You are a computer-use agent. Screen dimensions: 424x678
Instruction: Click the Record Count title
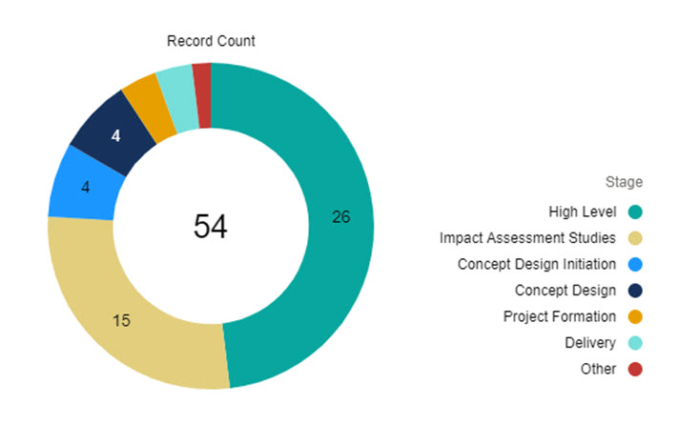211,41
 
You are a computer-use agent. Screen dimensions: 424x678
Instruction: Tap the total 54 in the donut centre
211,226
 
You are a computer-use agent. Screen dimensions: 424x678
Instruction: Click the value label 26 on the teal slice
340,217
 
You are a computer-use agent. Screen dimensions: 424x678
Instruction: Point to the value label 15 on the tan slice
121,320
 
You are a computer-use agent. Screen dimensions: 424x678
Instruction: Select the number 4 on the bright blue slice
85,187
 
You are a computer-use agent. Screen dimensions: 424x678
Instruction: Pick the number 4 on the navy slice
115,136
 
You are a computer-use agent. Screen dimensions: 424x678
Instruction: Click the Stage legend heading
624,182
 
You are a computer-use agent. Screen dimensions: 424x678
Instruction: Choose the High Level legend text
584,212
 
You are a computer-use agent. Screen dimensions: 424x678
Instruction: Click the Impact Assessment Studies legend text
528,237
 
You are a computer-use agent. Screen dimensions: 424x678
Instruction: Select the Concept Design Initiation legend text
537,264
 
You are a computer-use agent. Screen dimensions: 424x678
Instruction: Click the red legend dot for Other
634,369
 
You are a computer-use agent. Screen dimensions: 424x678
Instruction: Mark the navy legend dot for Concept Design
634,290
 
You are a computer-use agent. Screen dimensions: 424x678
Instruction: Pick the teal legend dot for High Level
634,212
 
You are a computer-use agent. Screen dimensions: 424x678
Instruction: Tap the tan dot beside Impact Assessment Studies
634,237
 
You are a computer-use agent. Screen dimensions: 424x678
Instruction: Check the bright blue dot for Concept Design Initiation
634,264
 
